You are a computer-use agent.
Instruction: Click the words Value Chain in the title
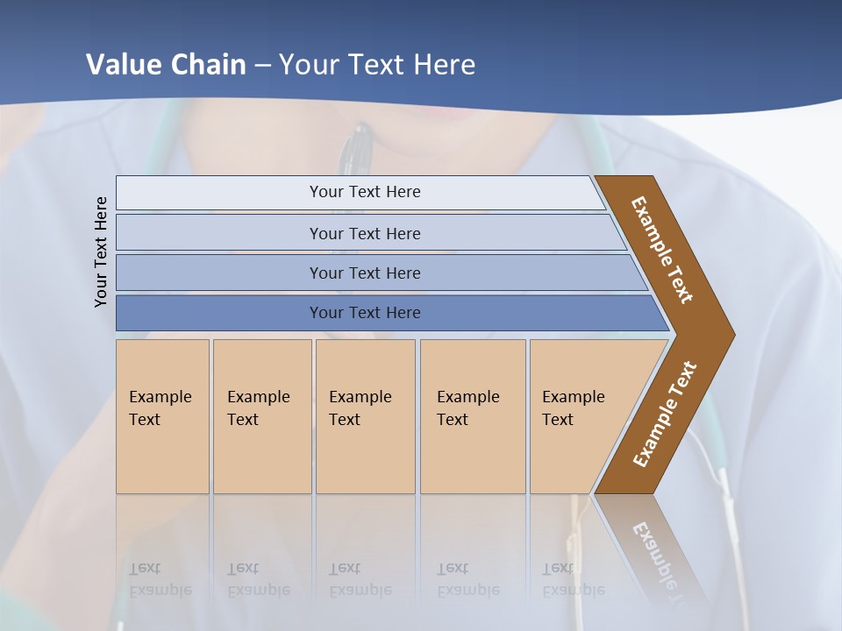166,65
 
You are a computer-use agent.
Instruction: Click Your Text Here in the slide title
377,65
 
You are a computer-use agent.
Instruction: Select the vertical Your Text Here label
101,252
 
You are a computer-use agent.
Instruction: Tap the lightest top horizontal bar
364,192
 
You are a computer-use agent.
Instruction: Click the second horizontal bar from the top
364,233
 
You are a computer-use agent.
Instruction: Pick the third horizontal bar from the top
364,273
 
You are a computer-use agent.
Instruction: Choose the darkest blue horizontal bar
364,313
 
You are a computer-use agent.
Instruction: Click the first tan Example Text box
162,415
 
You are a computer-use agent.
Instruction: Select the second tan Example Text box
261,415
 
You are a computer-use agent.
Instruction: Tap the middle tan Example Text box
365,415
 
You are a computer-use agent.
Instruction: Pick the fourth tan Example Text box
473,415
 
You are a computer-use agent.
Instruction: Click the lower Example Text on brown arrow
665,414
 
